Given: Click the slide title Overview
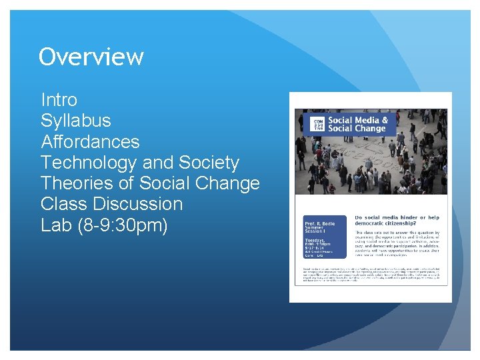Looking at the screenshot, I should pos(91,57).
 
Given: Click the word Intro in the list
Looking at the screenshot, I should pos(59,100).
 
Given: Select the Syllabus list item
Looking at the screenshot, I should pos(75,121).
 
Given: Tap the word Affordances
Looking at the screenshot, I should pos(90,141).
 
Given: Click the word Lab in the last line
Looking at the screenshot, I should pos(56,225).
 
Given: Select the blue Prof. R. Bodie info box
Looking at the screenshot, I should pos(323,237).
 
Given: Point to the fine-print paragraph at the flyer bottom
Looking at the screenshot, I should pos(370,275).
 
